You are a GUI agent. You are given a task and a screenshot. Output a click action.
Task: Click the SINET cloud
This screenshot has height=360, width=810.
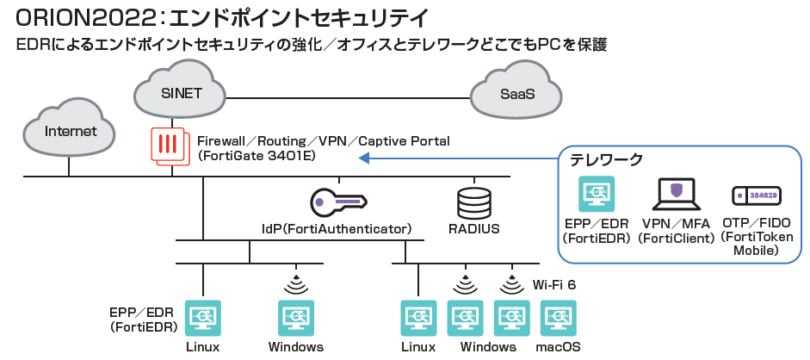click(182, 91)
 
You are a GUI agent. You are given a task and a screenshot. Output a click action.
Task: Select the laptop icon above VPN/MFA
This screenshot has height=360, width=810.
click(676, 195)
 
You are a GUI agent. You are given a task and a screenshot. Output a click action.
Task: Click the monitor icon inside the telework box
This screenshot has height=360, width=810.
click(596, 195)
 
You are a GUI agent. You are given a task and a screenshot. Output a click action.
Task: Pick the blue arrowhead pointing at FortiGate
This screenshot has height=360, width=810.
click(363, 158)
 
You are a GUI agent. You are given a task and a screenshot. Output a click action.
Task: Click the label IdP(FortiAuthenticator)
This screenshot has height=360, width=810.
click(337, 229)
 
